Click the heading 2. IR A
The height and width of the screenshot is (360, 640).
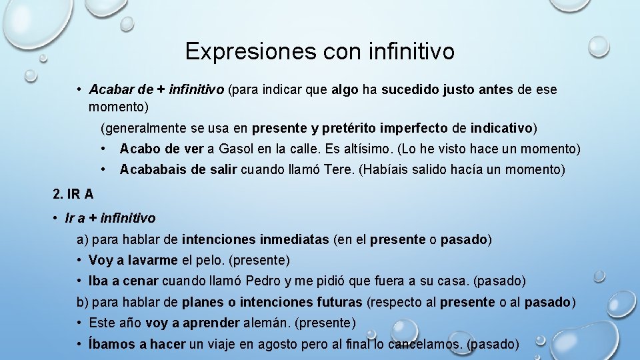point(73,195)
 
